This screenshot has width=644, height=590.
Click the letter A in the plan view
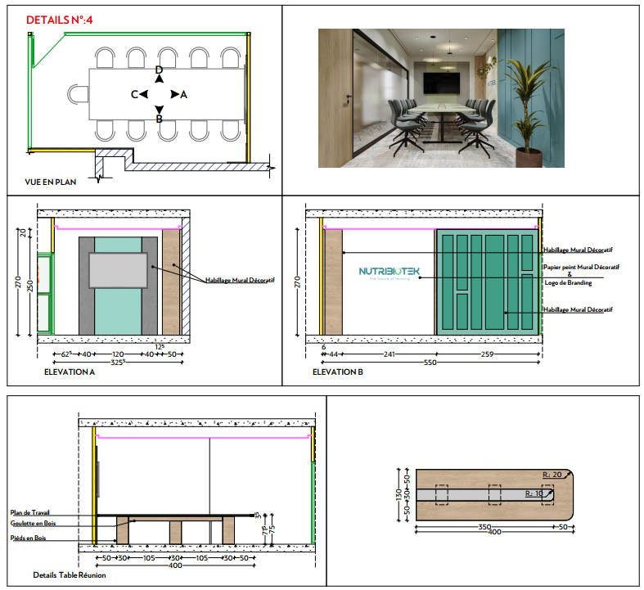click(x=184, y=95)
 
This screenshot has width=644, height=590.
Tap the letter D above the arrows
click(x=160, y=70)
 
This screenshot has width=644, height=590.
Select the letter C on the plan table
click(x=134, y=95)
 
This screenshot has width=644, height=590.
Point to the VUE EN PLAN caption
click(x=51, y=182)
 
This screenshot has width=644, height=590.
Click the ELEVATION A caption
click(x=70, y=372)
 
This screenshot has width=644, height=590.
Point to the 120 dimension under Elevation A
click(x=119, y=354)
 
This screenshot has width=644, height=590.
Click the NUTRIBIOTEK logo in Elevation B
click(x=389, y=272)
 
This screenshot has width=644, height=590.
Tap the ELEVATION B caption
click(x=338, y=372)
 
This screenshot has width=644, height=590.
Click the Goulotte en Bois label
click(x=34, y=522)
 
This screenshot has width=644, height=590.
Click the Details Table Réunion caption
click(x=70, y=575)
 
